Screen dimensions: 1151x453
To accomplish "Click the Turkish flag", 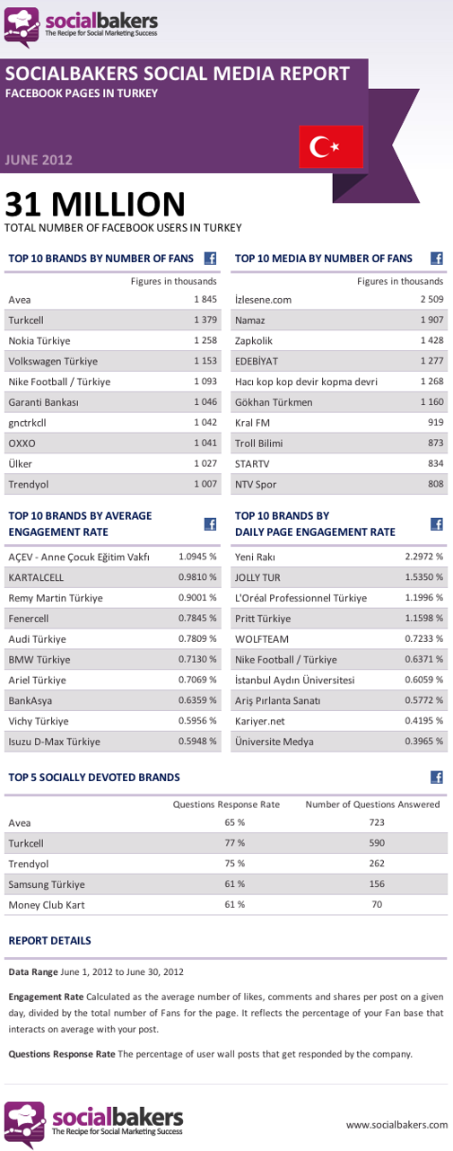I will pos(331,147).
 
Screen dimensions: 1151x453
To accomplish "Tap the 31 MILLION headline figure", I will pos(94,204).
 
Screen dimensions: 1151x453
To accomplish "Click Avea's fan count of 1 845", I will pos(205,299).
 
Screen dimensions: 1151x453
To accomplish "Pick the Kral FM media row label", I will pos(254,423).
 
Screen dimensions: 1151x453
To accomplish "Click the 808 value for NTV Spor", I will pos(434,485).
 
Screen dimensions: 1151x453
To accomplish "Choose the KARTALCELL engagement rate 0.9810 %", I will pos(197,577).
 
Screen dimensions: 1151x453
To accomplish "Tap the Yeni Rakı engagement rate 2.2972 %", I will pos(424,557).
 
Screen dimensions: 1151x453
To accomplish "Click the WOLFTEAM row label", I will pos(264,639).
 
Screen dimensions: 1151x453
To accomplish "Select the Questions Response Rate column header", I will pos(226,804).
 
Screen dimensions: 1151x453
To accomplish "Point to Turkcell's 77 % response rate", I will pos(234,843).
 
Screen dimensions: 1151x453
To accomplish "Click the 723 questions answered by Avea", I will pos(376,822).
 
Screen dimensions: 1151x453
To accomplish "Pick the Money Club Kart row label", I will pos(47,904).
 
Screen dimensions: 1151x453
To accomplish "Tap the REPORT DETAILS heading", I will pos(49,941).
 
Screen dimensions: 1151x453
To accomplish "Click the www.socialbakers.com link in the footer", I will pos(396,1123).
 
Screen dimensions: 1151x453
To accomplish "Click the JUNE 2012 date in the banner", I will pos(39,161).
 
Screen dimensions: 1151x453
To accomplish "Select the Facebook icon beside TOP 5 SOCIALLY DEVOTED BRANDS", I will pos(437,777).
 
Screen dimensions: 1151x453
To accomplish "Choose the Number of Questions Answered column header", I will pos(372,804).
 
